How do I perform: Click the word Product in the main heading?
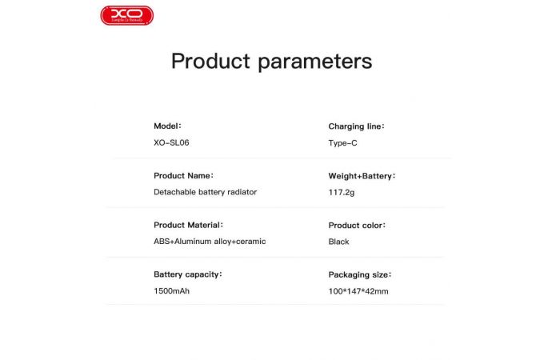[210, 62]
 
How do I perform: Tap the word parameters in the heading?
[314, 62]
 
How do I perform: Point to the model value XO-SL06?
[171, 142]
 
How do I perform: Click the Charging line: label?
[357, 126]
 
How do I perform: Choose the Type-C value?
[343, 142]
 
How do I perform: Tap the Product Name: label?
[183, 175]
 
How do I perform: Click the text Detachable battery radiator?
[205, 192]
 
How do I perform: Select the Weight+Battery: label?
[362, 176]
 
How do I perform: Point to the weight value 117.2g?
[342, 192]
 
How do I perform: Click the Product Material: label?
[188, 225]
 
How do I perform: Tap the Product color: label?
[357, 226]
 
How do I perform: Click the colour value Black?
[338, 242]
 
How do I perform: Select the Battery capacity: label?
[187, 274]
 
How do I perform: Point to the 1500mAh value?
[171, 291]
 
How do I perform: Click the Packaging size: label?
[360, 274]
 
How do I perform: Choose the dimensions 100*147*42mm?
[358, 291]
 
